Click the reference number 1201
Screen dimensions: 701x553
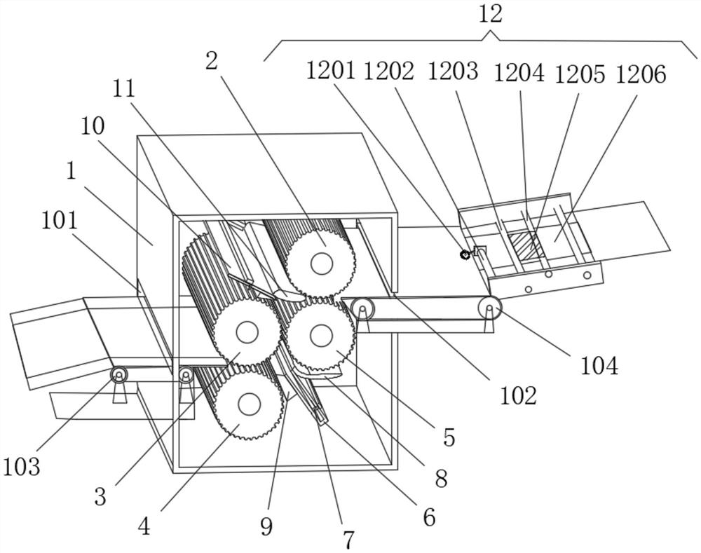tap(330, 71)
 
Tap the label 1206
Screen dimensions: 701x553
tap(641, 74)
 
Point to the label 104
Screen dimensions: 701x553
tap(599, 366)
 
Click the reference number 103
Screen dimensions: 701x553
tap(21, 467)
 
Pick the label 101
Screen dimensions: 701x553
tap(60, 221)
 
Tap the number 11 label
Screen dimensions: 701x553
tap(123, 88)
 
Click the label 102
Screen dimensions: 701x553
tap(518, 395)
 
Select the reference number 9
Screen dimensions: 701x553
tap(266, 527)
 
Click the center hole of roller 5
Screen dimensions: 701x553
tap(321, 336)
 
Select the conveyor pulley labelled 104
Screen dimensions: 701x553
tap(489, 308)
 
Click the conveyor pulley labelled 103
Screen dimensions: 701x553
tap(119, 375)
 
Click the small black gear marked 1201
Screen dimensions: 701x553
tap(465, 254)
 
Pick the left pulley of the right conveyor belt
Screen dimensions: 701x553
tap(362, 308)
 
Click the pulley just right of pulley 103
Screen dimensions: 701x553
tap(186, 374)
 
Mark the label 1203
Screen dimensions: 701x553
tap(453, 71)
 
